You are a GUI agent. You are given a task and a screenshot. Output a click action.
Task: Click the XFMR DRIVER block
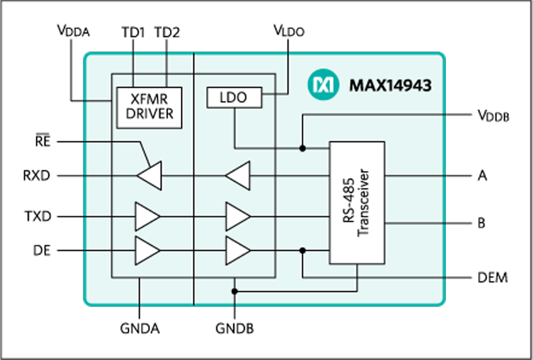coord(149,107)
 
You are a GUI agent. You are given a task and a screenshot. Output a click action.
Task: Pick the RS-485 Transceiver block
coord(357,202)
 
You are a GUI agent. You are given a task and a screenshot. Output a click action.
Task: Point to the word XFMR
coord(149,100)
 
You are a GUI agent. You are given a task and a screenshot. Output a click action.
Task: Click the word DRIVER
coord(149,115)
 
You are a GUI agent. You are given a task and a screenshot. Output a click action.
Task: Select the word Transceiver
coord(366,202)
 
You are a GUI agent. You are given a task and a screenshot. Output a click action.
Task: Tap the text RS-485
coord(348,202)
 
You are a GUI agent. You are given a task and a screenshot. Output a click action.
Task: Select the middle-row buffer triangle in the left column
coord(147,216)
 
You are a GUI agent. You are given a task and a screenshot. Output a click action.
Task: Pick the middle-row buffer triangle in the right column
coord(237,216)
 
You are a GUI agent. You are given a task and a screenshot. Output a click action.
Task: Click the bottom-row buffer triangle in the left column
coord(147,250)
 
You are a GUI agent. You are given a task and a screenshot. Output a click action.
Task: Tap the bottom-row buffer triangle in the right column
coord(237,250)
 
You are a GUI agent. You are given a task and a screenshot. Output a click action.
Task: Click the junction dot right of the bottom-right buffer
coord(303,250)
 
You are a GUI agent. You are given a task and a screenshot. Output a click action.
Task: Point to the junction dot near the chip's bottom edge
coord(234,291)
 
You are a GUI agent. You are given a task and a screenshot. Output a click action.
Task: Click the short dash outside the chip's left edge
coord(42,134)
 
